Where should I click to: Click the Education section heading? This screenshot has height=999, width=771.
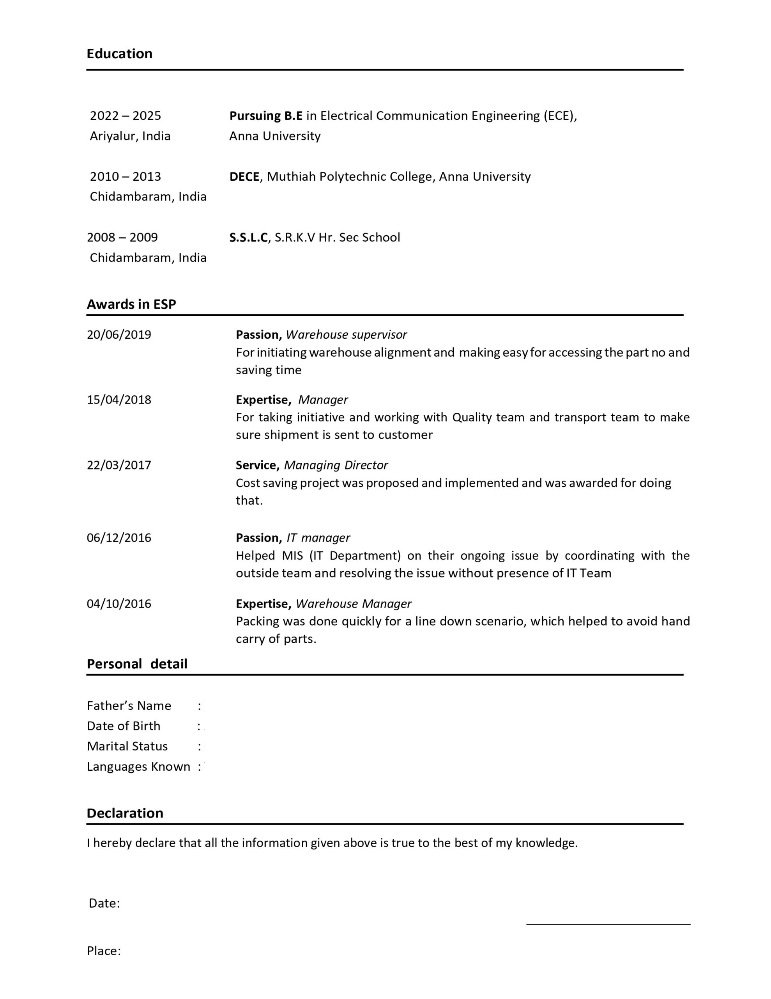119,54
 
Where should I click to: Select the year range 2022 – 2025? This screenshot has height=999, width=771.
125,116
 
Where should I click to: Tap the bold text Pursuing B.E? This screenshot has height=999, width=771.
265,116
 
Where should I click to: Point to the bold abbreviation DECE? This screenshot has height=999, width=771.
244,176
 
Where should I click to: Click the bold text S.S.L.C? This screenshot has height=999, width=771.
248,237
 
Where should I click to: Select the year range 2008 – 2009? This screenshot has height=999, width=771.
122,237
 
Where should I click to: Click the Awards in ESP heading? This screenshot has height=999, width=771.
131,304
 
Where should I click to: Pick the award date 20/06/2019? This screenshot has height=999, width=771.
119,335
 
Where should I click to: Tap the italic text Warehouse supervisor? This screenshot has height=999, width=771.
346,335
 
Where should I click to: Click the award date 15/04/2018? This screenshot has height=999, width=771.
119,400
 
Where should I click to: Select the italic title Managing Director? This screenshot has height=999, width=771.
336,465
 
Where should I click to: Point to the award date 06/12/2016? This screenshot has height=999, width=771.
119,538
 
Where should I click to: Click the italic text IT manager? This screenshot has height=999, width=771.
318,538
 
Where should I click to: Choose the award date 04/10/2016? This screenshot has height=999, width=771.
119,604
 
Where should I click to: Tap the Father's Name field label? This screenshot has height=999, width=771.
129,706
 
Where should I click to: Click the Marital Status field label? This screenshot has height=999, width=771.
127,747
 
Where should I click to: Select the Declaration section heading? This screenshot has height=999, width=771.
125,813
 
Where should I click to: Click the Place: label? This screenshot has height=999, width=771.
104,951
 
